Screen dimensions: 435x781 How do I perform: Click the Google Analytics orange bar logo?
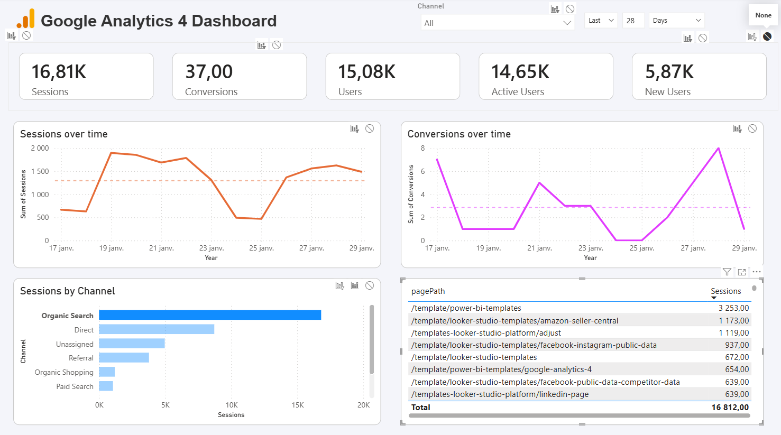pos(25,19)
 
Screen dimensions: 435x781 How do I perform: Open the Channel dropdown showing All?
pos(497,23)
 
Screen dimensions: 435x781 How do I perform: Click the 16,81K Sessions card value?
pos(59,72)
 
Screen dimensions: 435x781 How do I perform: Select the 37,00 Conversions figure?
pos(209,72)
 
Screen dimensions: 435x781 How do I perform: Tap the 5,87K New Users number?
pos(669,72)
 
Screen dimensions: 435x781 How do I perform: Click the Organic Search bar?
pos(210,315)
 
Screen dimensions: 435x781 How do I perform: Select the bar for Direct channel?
pos(157,329)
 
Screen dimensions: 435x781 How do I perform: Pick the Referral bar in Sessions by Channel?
pos(124,358)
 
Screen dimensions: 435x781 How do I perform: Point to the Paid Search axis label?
pos(75,386)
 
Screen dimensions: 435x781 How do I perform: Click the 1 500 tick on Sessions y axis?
pos(40,171)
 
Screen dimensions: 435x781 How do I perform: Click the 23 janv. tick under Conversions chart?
pos(590,248)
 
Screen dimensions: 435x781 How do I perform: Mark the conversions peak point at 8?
pos(718,149)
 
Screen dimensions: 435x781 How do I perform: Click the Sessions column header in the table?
pos(725,291)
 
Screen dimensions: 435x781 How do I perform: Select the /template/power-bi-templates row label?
pos(466,308)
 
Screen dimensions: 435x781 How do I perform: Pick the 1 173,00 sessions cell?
pos(733,320)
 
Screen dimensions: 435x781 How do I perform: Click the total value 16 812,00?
pos(730,408)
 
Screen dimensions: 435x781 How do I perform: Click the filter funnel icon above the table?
pos(727,272)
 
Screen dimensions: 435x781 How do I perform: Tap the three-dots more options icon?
pos(757,272)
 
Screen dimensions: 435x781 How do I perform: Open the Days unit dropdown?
pos(676,21)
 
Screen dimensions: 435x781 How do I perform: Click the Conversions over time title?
pos(458,134)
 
